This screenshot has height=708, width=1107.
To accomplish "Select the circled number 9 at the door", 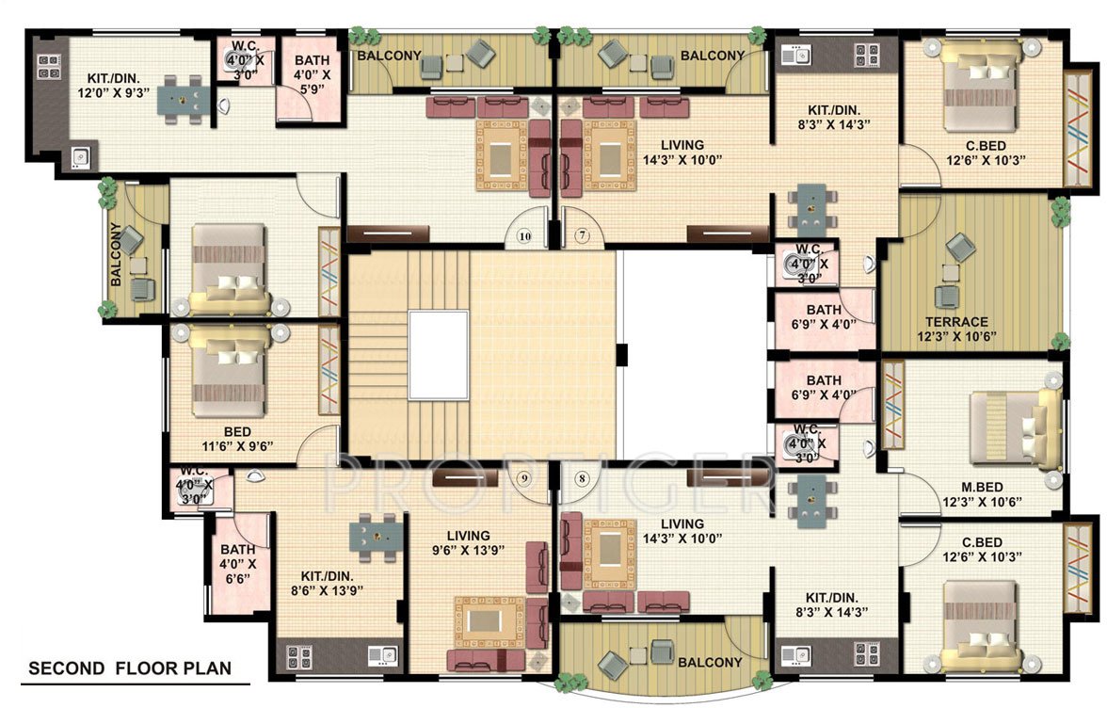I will (x=525, y=478).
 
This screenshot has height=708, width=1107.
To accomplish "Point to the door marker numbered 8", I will (x=582, y=478).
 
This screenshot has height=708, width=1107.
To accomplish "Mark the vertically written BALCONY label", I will (x=116, y=254).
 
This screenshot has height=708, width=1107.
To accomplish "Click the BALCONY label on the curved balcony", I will (x=712, y=662).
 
